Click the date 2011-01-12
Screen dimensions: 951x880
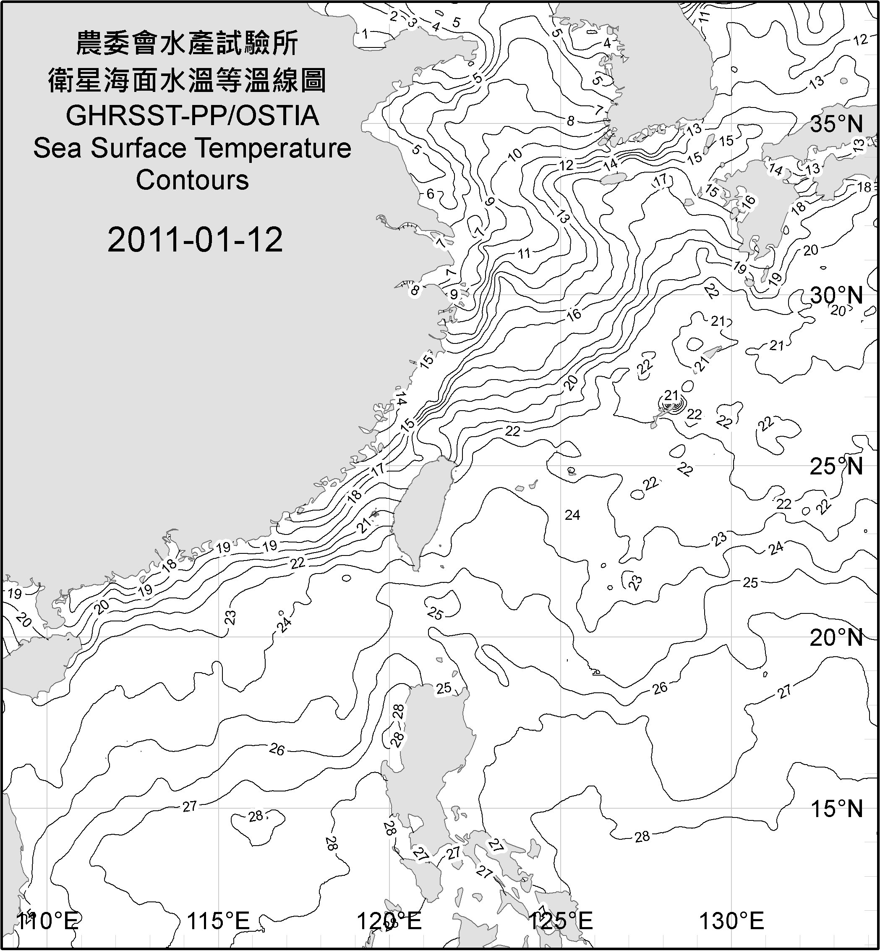coord(195,239)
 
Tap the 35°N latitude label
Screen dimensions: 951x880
coord(836,124)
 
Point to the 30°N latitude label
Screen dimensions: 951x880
coord(836,296)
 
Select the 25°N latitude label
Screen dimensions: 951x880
coord(836,466)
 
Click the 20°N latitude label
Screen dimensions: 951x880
coord(836,637)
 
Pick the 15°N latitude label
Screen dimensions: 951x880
coord(836,809)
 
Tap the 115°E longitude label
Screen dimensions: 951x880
coord(218,921)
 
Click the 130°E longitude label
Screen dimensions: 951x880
coord(731,921)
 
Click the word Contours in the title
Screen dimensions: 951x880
coord(192,180)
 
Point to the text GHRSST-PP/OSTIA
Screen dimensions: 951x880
coord(192,116)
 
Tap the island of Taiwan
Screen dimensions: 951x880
coord(421,510)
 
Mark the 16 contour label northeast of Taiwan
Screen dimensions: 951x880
coord(574,314)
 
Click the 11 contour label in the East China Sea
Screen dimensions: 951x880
coord(524,253)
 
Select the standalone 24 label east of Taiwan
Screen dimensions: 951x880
coord(572,515)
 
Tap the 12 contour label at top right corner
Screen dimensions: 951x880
coord(860,40)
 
